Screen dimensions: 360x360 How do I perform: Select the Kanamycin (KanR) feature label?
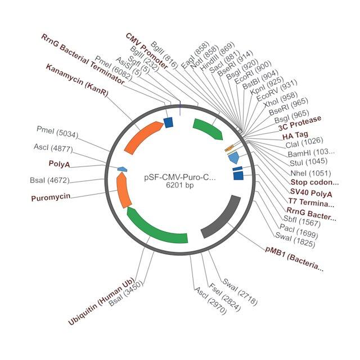coord(77,80)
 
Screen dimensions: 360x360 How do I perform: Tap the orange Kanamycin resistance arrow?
coord(143,137)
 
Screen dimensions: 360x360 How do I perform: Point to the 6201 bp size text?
coord(180,185)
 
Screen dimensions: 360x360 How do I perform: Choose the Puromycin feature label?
coord(51,197)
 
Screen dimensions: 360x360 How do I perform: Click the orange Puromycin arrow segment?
coord(123,190)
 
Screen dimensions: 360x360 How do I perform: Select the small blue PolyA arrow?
coord(123,169)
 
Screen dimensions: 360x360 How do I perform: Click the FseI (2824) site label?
coord(225,297)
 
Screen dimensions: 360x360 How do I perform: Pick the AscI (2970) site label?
coord(210,300)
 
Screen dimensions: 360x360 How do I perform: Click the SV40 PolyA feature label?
coord(311,192)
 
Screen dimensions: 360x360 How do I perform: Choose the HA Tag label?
coord(295,136)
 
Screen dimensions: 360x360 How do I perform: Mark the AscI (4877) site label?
coord(53,148)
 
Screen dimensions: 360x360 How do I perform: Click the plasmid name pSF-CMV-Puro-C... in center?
coord(180,178)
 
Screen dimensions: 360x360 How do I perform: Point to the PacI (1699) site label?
coord(299,231)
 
